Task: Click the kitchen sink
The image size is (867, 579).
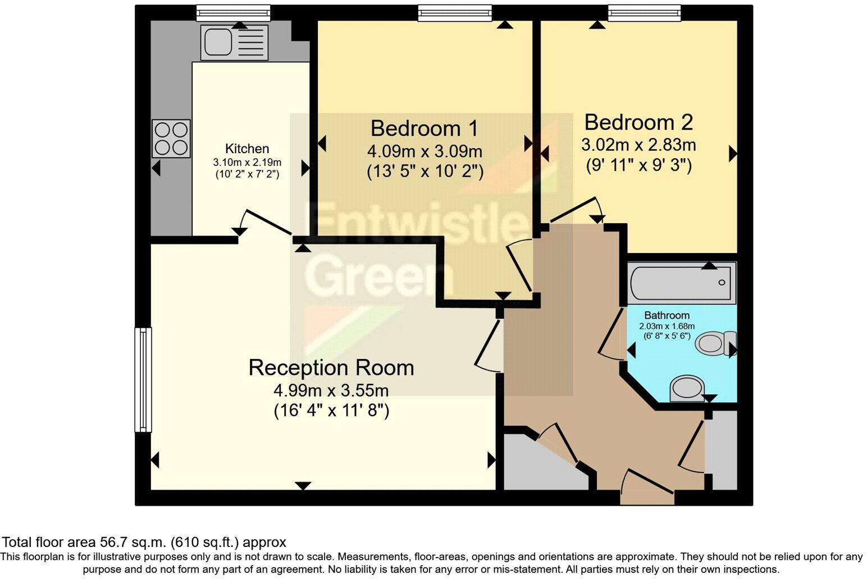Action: point(235,42)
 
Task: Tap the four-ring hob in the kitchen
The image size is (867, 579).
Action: point(171,139)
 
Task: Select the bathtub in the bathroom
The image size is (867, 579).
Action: point(681,283)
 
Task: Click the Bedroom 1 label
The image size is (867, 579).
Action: point(424,128)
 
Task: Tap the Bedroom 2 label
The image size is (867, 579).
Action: point(638,122)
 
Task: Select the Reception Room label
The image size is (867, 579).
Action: point(331,368)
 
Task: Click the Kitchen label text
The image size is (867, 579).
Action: point(247,149)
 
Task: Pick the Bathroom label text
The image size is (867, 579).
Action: point(667,315)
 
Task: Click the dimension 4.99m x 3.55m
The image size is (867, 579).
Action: point(331,390)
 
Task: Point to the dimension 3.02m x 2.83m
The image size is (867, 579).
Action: point(638,145)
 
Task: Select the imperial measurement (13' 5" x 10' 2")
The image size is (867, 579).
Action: point(425,171)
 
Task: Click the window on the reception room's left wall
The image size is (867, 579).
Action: point(143,379)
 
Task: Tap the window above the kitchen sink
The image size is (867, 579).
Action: point(233,12)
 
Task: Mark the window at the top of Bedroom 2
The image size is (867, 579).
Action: point(645,12)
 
